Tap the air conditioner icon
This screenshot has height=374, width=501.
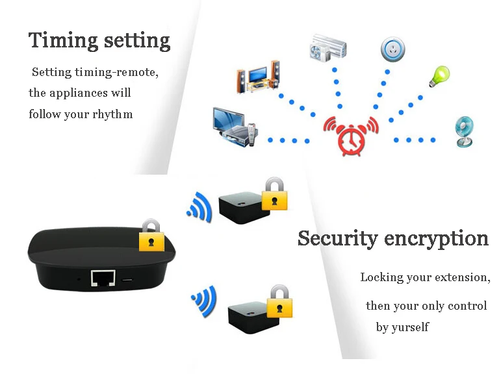[328, 48]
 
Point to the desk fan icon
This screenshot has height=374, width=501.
[465, 132]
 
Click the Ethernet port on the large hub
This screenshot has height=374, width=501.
[102, 278]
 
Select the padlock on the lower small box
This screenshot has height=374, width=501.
[280, 301]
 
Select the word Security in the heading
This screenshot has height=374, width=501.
[337, 238]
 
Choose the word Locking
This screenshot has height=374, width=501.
[382, 277]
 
